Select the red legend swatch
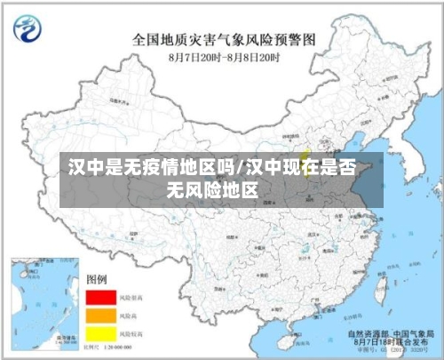pos(101,297)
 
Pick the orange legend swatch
pos(101,315)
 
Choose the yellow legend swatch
pos(101,332)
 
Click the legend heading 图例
pos(96,279)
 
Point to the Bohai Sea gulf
pos(353,147)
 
